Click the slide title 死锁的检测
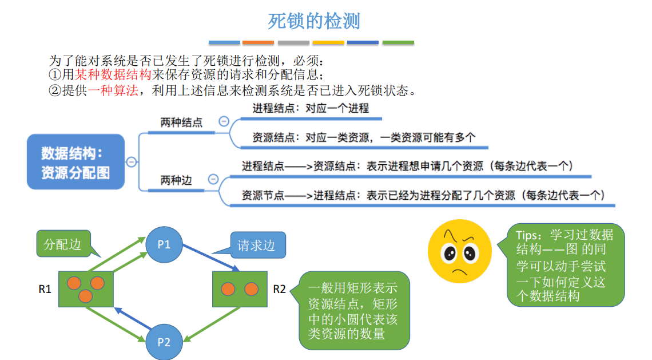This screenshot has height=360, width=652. coord(314,21)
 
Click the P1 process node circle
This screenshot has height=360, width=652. coord(164,244)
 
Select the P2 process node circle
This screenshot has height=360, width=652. coord(164,342)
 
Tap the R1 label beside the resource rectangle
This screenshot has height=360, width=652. coord(45,289)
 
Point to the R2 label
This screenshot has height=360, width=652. coord(279,289)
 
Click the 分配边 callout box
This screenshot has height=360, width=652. coord(63,245)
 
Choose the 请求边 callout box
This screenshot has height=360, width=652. coord(257,246)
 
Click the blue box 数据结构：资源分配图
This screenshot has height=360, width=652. coord(75,162)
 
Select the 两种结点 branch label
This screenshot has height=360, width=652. coord(181,122)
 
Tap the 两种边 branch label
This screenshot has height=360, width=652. coord(176,181)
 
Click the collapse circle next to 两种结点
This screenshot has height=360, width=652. coord(224,121)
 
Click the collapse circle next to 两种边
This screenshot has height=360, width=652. coord(213,179)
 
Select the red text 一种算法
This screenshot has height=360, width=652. coord(113,90)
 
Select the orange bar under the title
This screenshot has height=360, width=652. coord(258,42)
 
